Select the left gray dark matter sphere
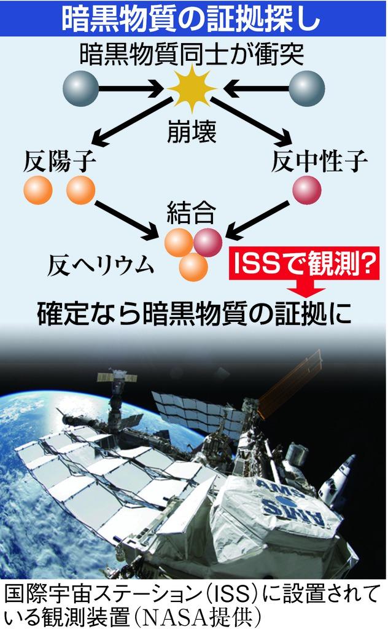[x=80, y=88]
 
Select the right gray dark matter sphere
[x=306, y=88]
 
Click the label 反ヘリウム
[x=100, y=265]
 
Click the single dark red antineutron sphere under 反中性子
[x=306, y=189]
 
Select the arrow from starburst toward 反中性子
[x=252, y=120]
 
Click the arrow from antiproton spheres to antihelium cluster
[x=126, y=219]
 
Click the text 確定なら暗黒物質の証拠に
[x=193, y=311]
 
